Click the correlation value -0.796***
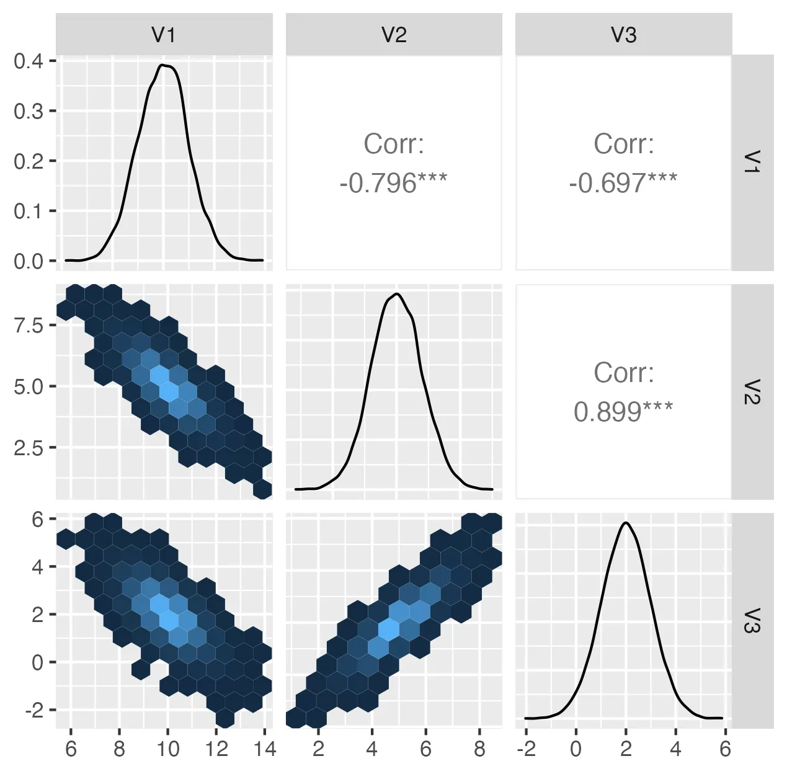(393, 183)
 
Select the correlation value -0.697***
(623, 183)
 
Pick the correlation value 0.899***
(623, 412)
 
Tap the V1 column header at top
(164, 35)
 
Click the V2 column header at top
(393, 35)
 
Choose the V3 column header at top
(623, 35)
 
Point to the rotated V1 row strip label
(752, 162)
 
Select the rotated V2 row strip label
(752, 391)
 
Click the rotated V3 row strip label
(752, 620)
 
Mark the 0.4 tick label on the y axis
(28, 61)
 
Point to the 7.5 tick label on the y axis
(28, 325)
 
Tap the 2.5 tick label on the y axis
(28, 447)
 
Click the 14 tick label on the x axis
(265, 749)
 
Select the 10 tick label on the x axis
(167, 749)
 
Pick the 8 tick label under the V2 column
(479, 749)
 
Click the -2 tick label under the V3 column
(525, 749)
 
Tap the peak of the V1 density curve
(162, 64)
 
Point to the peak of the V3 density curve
(626, 523)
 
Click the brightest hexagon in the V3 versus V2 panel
(389, 629)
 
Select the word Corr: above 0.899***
(623, 373)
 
